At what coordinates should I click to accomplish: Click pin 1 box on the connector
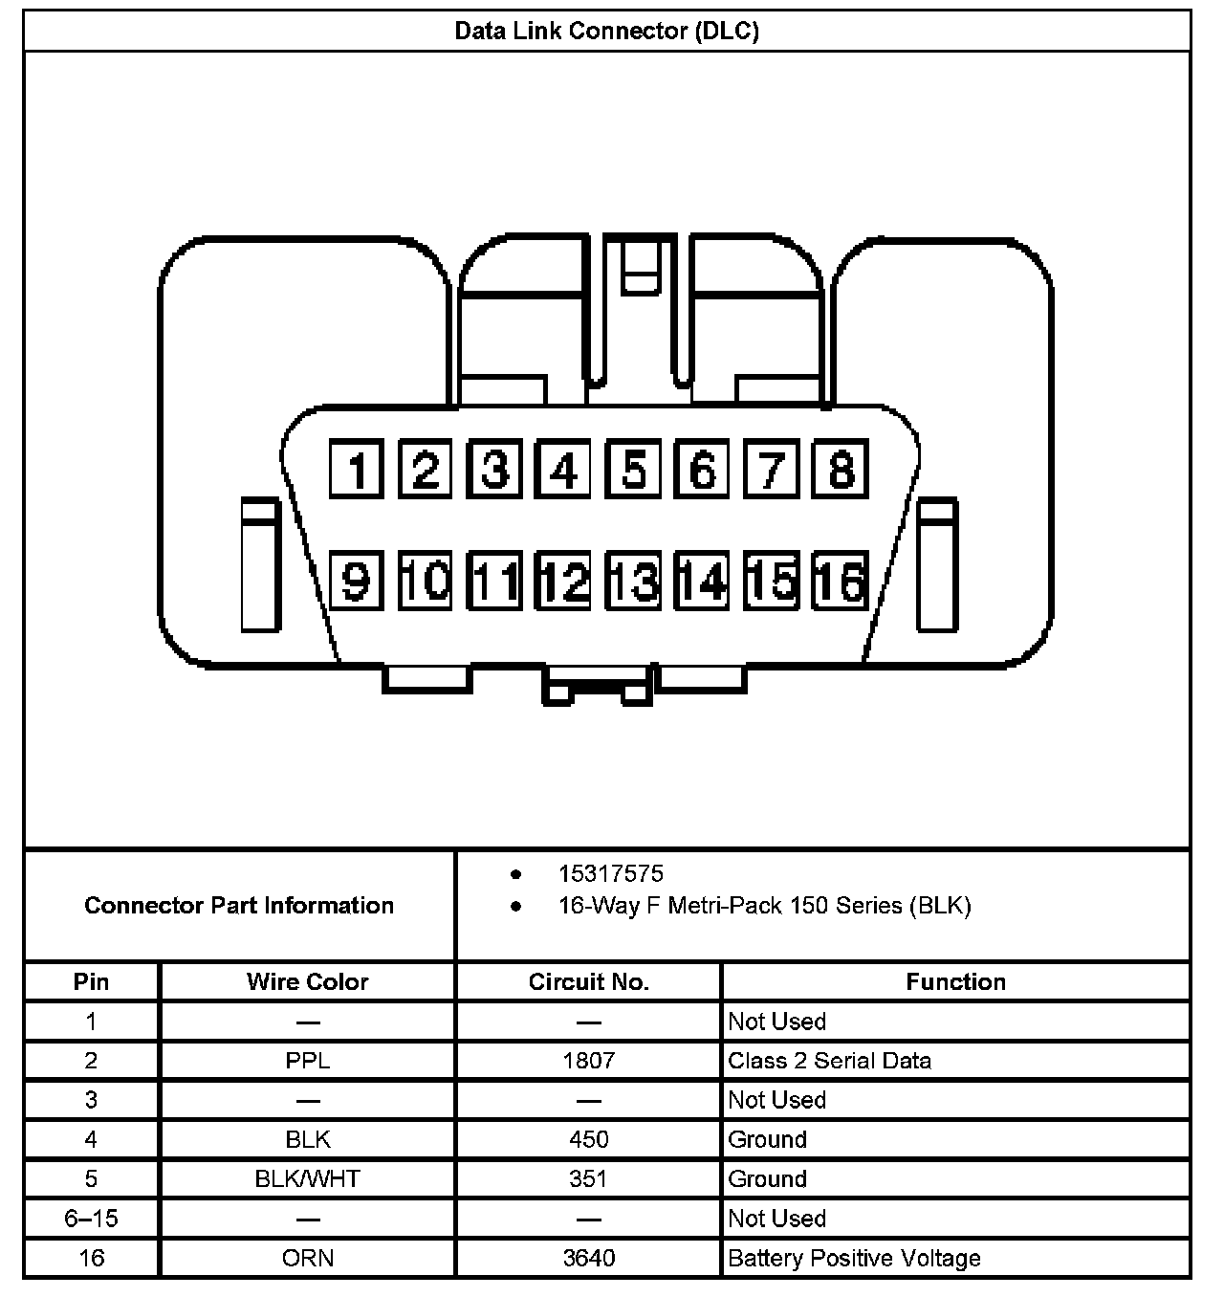(357, 470)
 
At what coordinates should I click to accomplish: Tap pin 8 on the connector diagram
(841, 470)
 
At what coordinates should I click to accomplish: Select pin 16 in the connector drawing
(841, 581)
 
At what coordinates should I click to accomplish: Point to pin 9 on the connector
(357, 581)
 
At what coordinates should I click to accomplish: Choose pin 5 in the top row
(633, 470)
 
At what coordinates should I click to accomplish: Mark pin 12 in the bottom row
(564, 581)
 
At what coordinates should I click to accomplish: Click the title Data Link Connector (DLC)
(606, 31)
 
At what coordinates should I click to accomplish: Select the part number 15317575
(611, 873)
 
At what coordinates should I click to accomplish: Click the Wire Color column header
(307, 982)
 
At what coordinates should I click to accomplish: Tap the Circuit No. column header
(588, 982)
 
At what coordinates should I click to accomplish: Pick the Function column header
(955, 982)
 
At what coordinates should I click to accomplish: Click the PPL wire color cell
(307, 1061)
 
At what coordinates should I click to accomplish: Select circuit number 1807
(588, 1061)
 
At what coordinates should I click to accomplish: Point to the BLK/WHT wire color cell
(307, 1178)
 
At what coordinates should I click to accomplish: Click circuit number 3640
(588, 1258)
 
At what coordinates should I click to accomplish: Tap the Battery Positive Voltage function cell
(854, 1258)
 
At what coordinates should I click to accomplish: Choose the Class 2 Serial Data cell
(829, 1061)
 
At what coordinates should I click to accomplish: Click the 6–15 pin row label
(91, 1219)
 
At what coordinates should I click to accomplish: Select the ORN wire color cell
(307, 1258)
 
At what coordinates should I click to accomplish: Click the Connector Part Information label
(239, 905)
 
